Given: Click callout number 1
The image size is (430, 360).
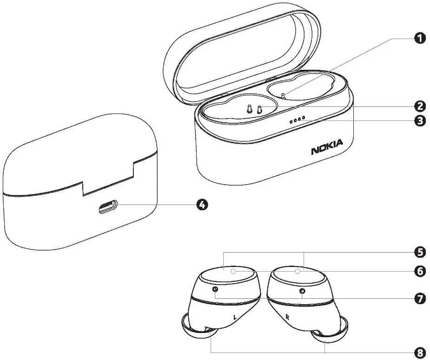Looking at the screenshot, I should click(420, 39).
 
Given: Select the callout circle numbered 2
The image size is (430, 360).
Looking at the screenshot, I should click(420, 106).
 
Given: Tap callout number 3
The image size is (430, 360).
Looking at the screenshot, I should click(420, 121).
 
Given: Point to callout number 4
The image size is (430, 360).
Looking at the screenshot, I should click(201, 204).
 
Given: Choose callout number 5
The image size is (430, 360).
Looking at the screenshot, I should click(420, 253).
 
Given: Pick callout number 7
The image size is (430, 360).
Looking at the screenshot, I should click(420, 298).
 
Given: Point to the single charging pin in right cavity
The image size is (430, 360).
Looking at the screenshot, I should click(284, 95).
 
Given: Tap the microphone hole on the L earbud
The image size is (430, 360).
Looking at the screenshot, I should click(215, 290).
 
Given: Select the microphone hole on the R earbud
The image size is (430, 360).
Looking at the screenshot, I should click(303, 291).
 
